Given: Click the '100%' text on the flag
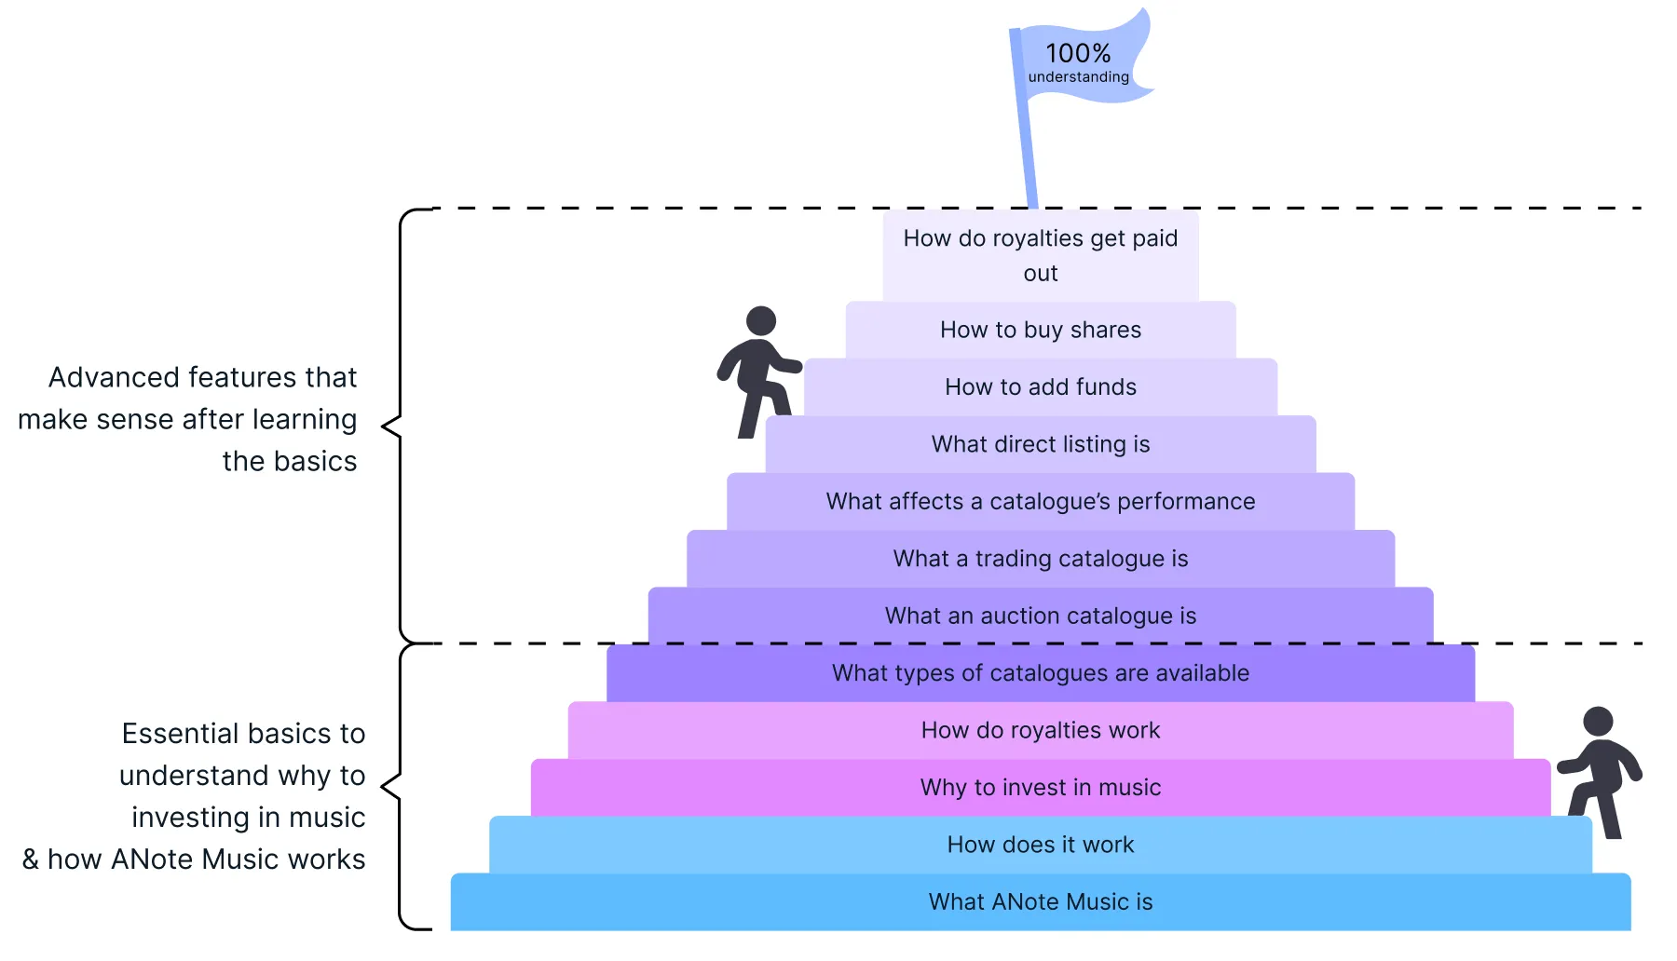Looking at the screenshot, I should pos(1077,54).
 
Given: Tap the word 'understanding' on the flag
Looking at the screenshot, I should pos(1078,77).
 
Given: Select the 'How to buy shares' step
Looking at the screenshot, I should pos(1040,331).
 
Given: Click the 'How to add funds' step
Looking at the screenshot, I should pos(1040,387).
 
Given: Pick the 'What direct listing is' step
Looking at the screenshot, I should pos(1040,445).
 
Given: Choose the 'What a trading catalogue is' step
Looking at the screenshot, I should pos(1040,559).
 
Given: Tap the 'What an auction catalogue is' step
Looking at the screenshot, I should pos(1040,616).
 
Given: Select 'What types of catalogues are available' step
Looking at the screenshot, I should pos(1040,673).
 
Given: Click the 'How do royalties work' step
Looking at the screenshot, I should pos(1040,731).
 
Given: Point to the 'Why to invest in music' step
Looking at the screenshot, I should pos(1040,788).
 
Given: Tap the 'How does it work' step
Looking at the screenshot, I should pos(1040,846).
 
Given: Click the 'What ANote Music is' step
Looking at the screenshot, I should pos(1040,902).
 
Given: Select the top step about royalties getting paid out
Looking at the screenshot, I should pos(1040,255).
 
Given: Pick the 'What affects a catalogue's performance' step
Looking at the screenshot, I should pos(1040,502).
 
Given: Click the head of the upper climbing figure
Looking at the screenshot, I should pos(761,320).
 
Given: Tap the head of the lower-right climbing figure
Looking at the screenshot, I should pos(1598,721).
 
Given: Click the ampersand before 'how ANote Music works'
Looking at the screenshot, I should pos(31,859).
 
